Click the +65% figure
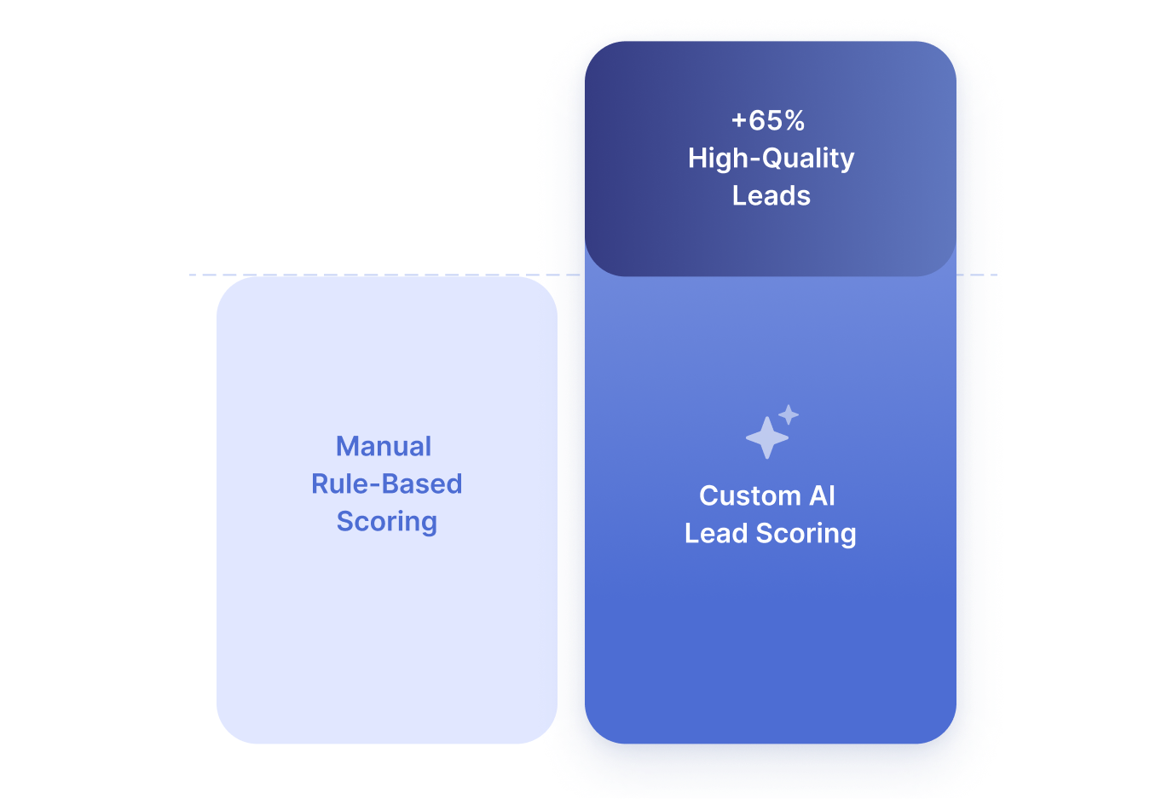pyautogui.click(x=768, y=121)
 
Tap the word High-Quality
pyautogui.click(x=771, y=159)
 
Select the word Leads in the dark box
pyautogui.click(x=771, y=196)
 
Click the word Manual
pyautogui.click(x=384, y=447)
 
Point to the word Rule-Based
pyautogui.click(x=386, y=484)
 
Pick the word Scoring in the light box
pyautogui.click(x=386, y=522)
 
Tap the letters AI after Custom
pyautogui.click(x=822, y=496)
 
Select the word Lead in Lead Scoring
pyautogui.click(x=716, y=534)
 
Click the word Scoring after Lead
pyautogui.click(x=806, y=534)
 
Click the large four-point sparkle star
pyautogui.click(x=766, y=438)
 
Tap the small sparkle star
pyautogui.click(x=789, y=414)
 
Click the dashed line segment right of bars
pyautogui.click(x=978, y=275)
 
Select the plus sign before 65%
pyautogui.click(x=738, y=122)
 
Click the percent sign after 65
pyautogui.click(x=795, y=121)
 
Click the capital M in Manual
pyautogui.click(x=347, y=447)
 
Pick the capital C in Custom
pyautogui.click(x=708, y=496)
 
